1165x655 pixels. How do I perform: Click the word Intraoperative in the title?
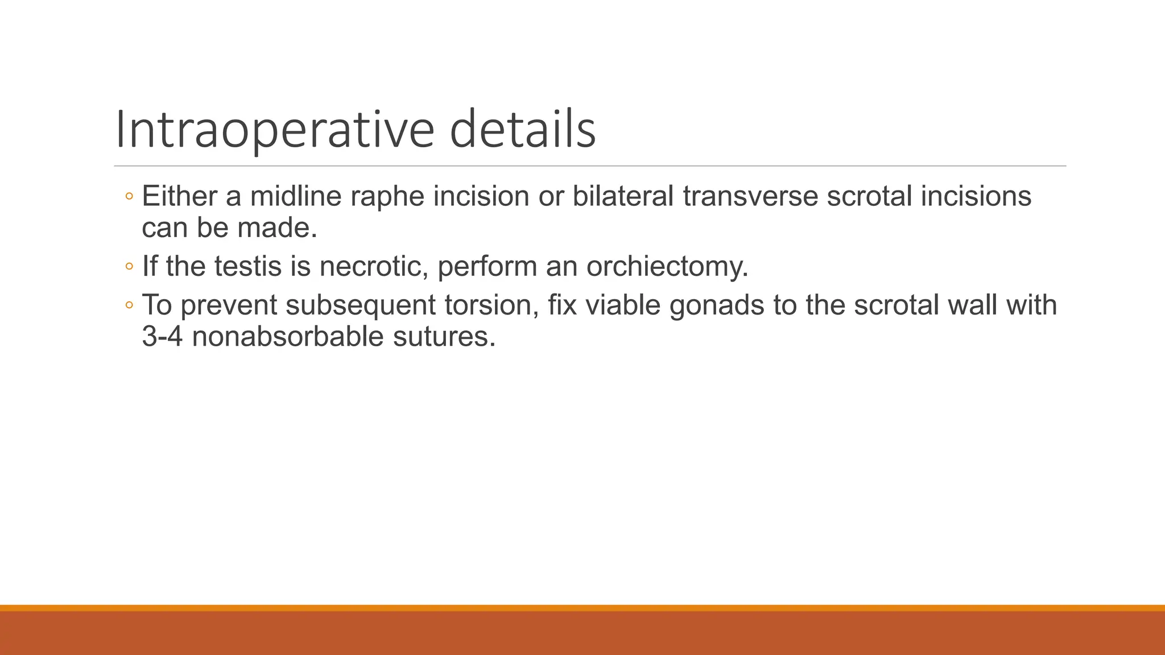point(275,130)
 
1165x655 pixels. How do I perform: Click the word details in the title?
point(522,130)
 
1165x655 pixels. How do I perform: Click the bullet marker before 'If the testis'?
point(129,266)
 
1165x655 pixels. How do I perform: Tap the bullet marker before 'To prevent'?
point(129,305)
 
